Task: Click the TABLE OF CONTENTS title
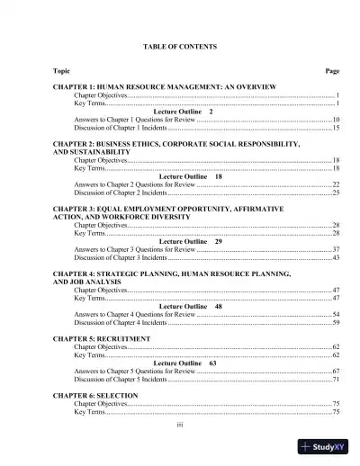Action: click(x=180, y=46)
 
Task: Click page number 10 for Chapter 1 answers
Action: click(x=334, y=119)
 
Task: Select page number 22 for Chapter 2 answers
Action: click(x=334, y=184)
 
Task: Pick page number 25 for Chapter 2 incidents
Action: click(x=335, y=193)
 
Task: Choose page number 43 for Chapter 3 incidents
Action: click(x=335, y=257)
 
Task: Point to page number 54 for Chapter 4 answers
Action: click(x=335, y=314)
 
